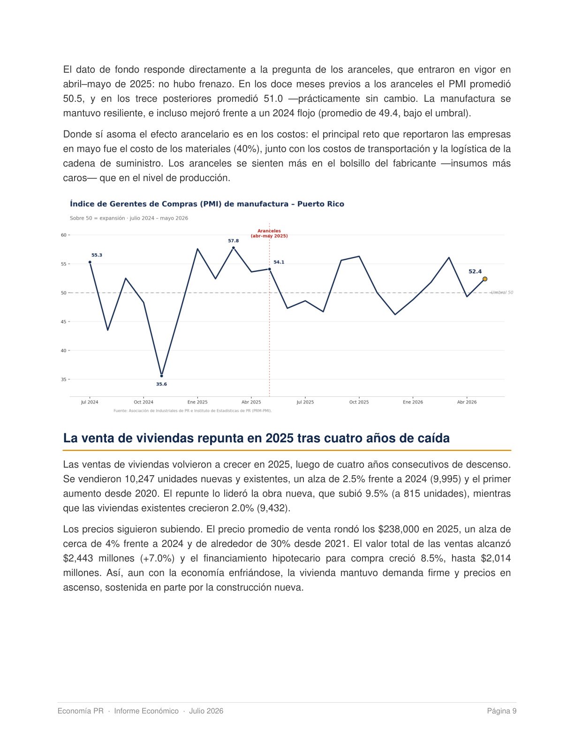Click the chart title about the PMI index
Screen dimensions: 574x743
(x=207, y=204)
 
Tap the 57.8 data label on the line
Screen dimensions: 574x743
(x=234, y=241)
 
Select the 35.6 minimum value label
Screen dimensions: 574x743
(x=161, y=384)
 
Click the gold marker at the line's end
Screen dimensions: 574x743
(x=485, y=279)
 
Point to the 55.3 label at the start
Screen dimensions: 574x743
(x=97, y=255)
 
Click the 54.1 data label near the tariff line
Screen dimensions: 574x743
(x=279, y=262)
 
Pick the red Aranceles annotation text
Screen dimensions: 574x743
(x=269, y=234)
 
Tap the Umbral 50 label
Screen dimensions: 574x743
(x=502, y=292)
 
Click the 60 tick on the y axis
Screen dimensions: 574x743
(x=64, y=235)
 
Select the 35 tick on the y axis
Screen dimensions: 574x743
(x=64, y=379)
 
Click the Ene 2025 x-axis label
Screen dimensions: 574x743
(x=197, y=402)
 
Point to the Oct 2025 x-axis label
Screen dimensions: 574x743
(x=359, y=402)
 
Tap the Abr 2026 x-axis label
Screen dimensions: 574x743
(x=467, y=402)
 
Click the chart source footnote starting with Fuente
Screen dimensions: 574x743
(x=192, y=410)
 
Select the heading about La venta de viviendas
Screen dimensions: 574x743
(x=257, y=438)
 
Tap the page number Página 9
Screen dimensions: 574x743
(x=501, y=711)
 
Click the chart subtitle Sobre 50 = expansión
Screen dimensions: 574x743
(x=129, y=218)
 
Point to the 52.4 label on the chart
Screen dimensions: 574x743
(x=475, y=272)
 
